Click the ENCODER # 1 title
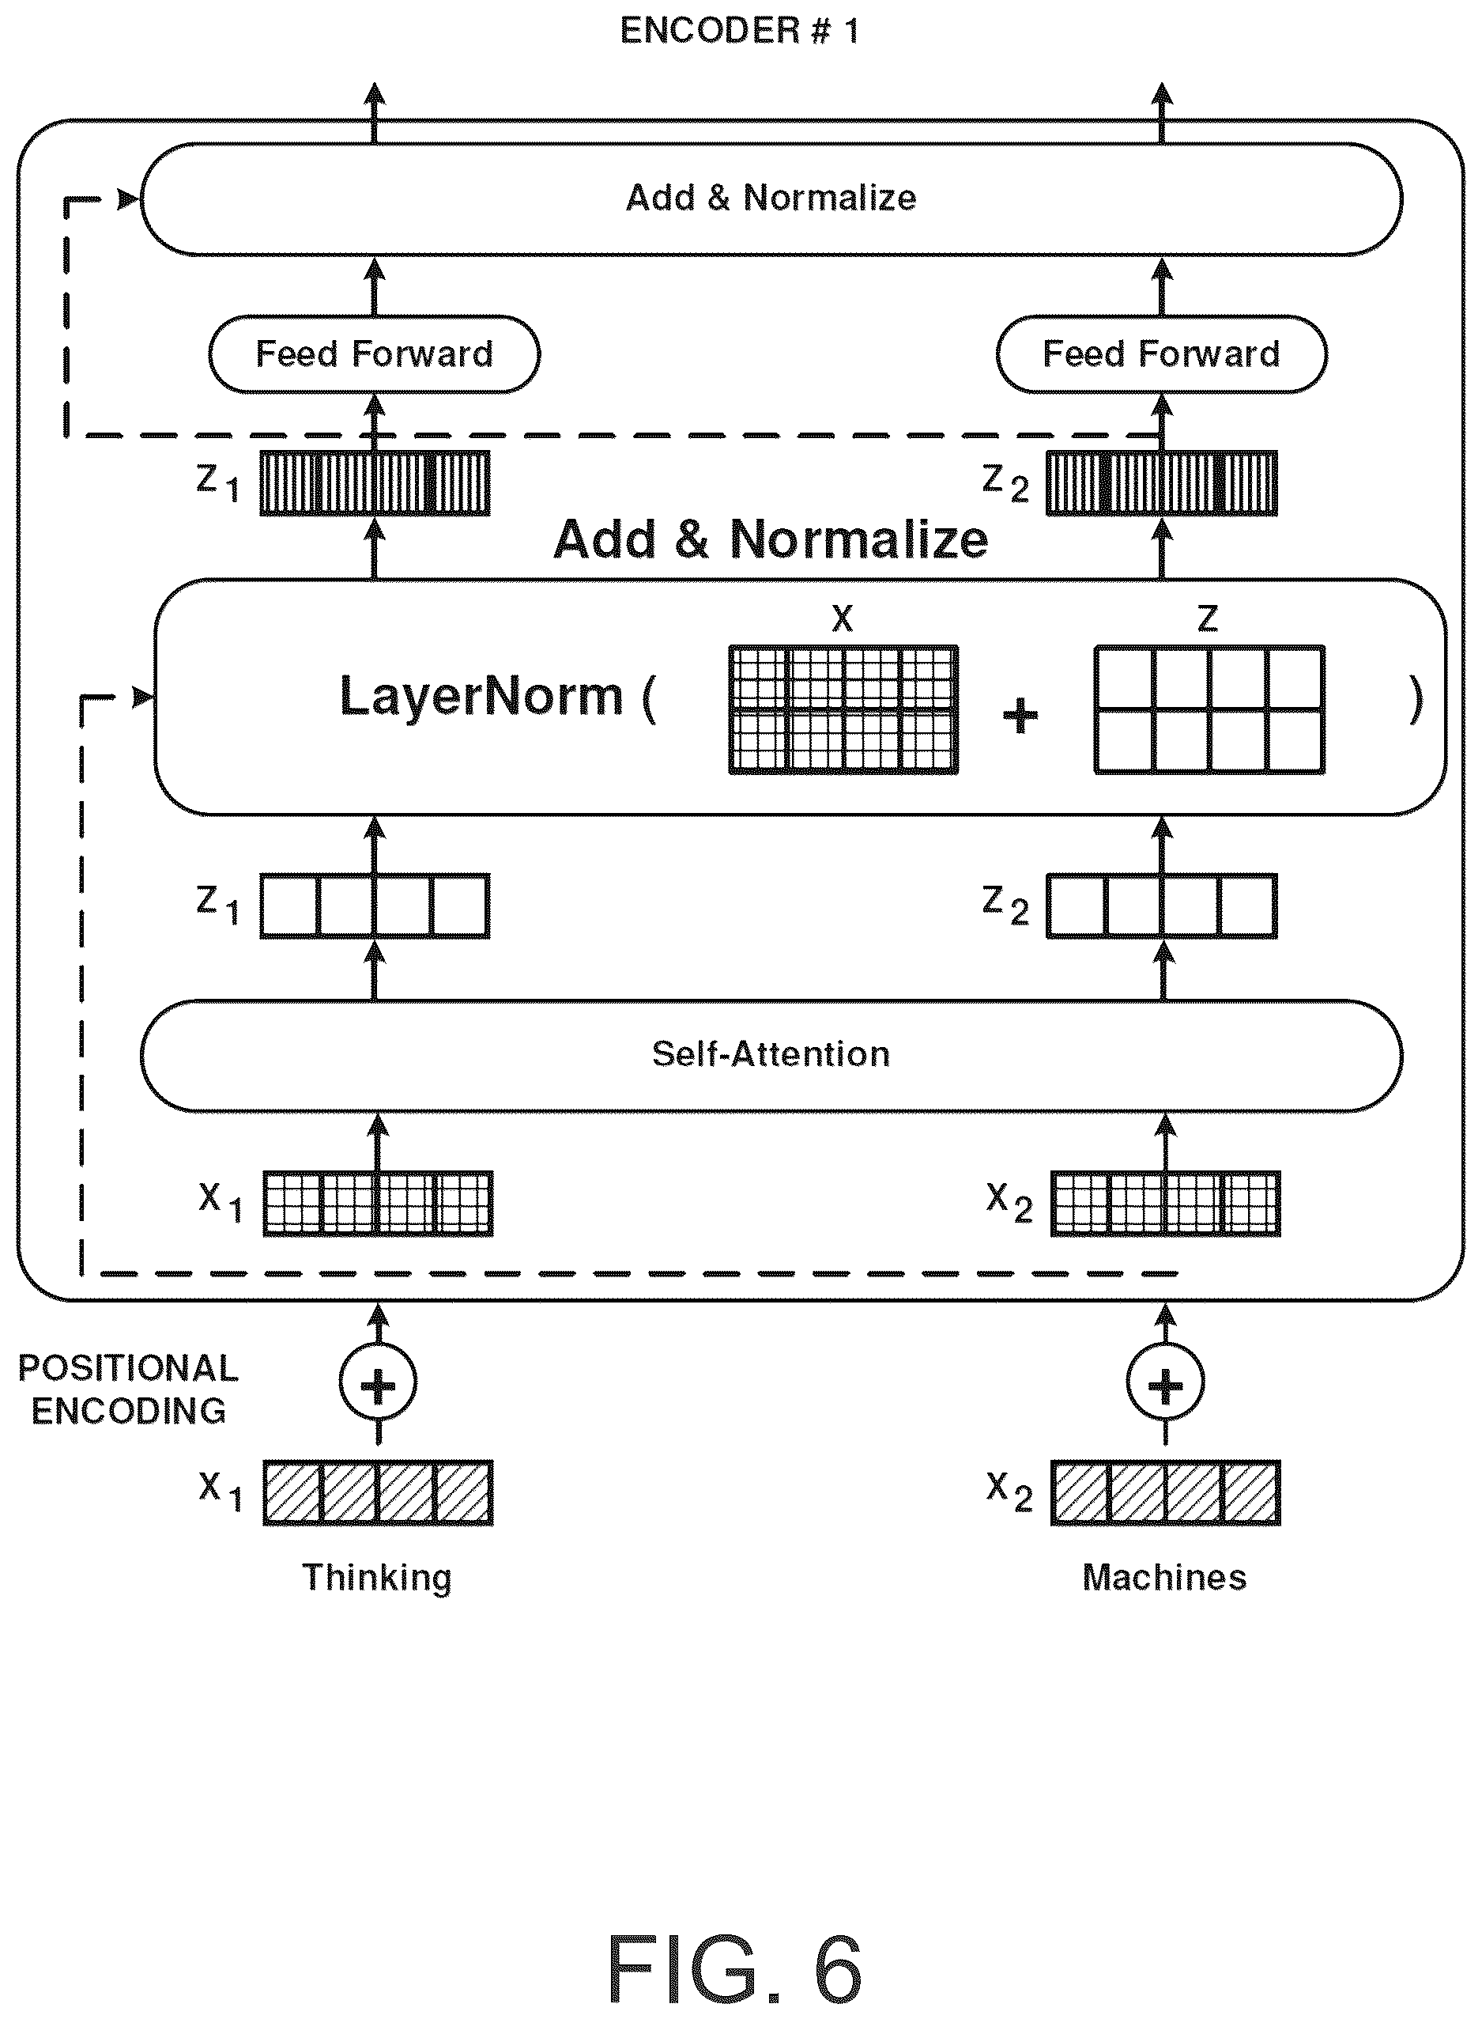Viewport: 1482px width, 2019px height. (740, 31)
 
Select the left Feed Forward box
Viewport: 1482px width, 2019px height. (374, 354)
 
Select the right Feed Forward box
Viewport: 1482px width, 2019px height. (1162, 354)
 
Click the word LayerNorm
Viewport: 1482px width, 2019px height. (481, 697)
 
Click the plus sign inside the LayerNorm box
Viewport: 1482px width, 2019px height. (1020, 715)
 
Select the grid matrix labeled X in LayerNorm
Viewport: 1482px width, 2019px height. (843, 709)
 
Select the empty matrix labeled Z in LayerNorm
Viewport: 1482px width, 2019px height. (1209, 709)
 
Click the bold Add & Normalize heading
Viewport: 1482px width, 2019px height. (771, 540)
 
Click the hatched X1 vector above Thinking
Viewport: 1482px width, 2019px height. (378, 1493)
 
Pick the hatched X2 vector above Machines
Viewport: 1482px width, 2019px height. (1165, 1493)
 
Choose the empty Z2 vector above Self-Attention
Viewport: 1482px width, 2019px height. (1162, 906)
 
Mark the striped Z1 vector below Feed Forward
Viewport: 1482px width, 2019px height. (375, 482)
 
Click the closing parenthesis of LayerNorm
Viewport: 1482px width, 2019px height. (1416, 700)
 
